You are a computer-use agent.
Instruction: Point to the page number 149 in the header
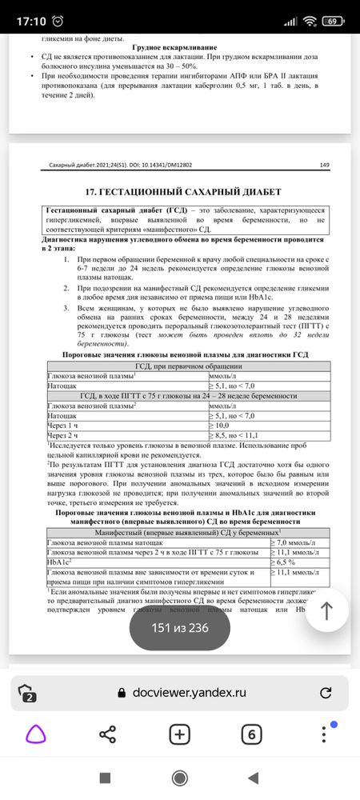coord(324,166)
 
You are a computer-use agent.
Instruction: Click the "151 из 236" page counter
coord(180,627)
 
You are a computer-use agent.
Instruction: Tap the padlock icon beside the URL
coord(122,693)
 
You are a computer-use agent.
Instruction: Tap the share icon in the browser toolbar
coord(108,734)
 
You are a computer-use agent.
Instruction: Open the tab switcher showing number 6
coord(251,734)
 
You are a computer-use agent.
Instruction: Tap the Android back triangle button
coord(254,778)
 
